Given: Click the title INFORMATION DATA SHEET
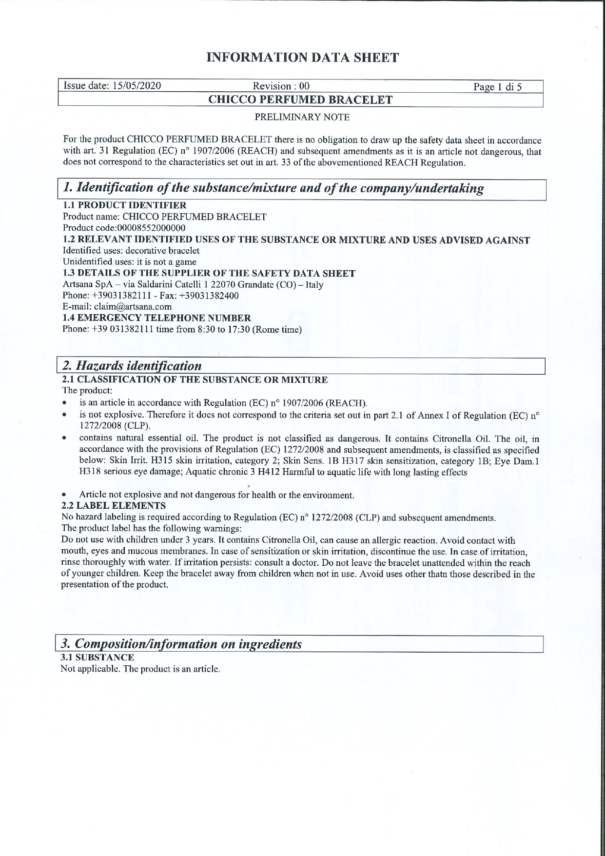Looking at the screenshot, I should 302,58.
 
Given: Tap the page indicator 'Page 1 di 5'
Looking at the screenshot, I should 497,87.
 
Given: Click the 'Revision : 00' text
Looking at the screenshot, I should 281,86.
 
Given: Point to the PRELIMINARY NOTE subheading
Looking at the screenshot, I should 302,117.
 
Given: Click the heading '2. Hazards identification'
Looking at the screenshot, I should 132,366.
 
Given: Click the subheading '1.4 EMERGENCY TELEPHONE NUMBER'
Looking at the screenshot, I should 157,318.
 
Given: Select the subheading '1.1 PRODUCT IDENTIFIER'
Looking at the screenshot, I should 125,205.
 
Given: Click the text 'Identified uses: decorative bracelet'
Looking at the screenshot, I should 131,251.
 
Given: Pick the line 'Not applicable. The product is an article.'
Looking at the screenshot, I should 140,669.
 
